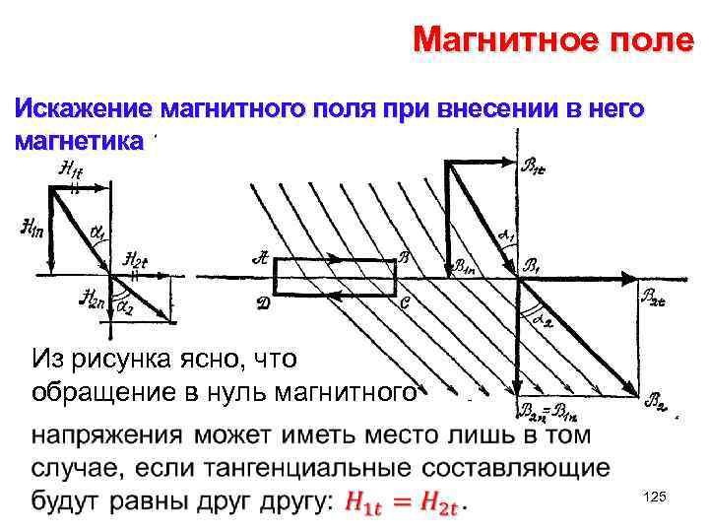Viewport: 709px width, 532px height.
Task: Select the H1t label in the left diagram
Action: pyautogui.click(x=71, y=171)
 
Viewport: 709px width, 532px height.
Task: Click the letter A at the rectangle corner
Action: pyautogui.click(x=261, y=258)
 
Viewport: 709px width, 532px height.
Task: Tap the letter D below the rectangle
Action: pyautogui.click(x=263, y=304)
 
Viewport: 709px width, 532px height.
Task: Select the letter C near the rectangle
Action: pyautogui.click(x=406, y=303)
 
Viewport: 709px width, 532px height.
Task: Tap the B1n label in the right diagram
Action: pyautogui.click(x=466, y=266)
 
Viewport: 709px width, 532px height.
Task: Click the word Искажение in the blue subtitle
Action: pyautogui.click(x=82, y=108)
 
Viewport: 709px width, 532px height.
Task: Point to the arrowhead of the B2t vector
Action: pyautogui.click(x=634, y=278)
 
